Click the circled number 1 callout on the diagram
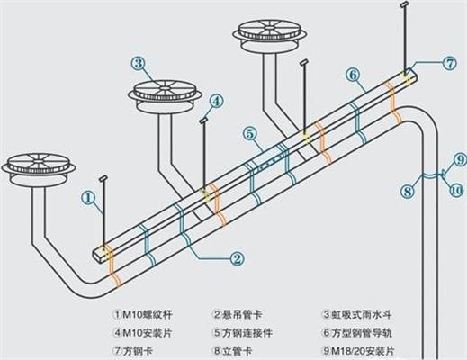[x=88, y=194]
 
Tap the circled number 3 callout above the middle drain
[x=138, y=63]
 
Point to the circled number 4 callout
[x=217, y=100]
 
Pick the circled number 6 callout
[x=352, y=74]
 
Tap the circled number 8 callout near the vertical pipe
[x=407, y=190]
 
